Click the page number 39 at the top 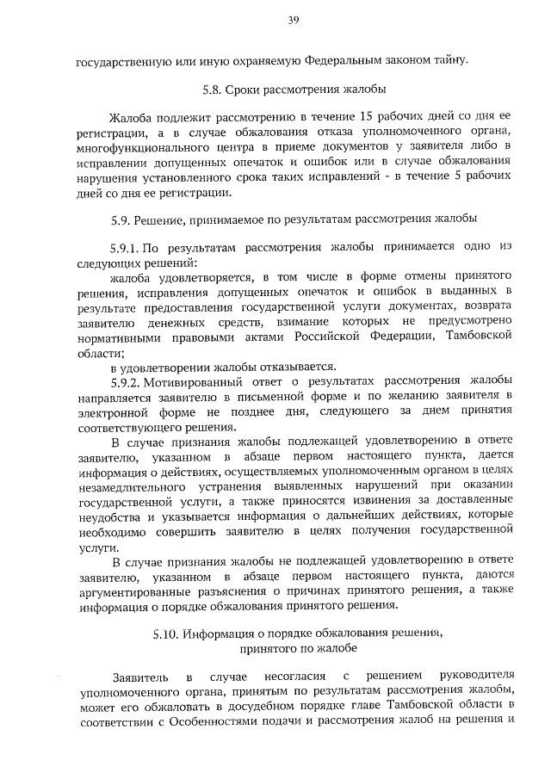[x=294, y=22]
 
